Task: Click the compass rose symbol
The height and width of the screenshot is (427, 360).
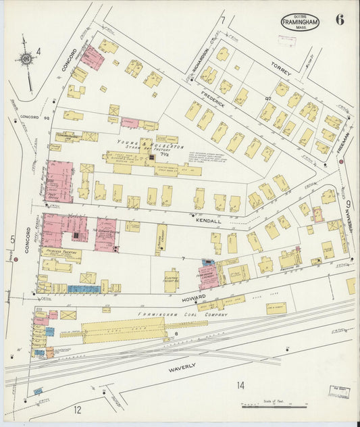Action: tap(27, 60)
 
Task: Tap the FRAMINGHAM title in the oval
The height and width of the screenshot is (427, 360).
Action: tap(300, 22)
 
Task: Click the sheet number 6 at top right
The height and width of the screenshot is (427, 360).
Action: tap(339, 20)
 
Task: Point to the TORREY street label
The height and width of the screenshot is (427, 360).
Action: tap(280, 68)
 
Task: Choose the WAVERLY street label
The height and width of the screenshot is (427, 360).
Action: tap(182, 366)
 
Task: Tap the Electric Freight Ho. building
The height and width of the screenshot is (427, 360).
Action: tap(171, 279)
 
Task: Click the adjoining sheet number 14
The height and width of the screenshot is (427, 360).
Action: tap(240, 386)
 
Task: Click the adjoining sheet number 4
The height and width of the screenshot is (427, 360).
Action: tap(38, 51)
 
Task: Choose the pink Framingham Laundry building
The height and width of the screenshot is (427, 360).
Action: tap(208, 276)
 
